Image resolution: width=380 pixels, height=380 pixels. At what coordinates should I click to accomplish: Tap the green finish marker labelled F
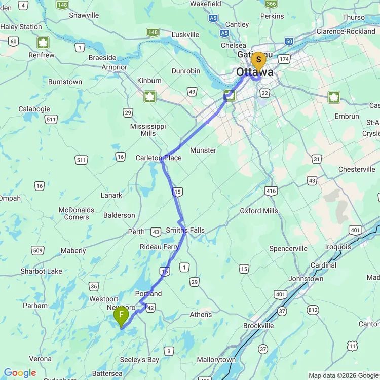(x=121, y=316)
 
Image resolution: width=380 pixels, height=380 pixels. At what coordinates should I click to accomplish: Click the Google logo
(x=20, y=373)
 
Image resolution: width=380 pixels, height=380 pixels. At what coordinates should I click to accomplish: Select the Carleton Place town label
(x=158, y=158)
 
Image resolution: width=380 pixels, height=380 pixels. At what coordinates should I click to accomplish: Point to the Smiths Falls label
(x=185, y=231)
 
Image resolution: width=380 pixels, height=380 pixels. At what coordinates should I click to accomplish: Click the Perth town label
(x=136, y=232)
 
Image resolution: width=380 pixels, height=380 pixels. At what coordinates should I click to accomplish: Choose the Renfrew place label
(x=42, y=55)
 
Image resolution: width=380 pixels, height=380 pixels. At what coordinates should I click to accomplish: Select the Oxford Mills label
(x=259, y=211)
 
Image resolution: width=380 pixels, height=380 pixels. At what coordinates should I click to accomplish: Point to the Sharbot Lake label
(x=41, y=271)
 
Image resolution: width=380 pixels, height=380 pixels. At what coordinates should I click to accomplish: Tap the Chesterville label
(x=357, y=169)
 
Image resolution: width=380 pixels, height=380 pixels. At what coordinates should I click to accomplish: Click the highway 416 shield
(x=271, y=191)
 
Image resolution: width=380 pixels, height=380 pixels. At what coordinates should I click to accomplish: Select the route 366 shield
(x=271, y=4)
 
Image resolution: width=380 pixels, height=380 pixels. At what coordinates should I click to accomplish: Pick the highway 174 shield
(x=284, y=59)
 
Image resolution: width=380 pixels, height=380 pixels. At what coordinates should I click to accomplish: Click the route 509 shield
(x=37, y=250)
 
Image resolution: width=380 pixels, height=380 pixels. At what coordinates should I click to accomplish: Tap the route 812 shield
(x=313, y=310)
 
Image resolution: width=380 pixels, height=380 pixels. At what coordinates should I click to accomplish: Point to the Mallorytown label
(x=216, y=360)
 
